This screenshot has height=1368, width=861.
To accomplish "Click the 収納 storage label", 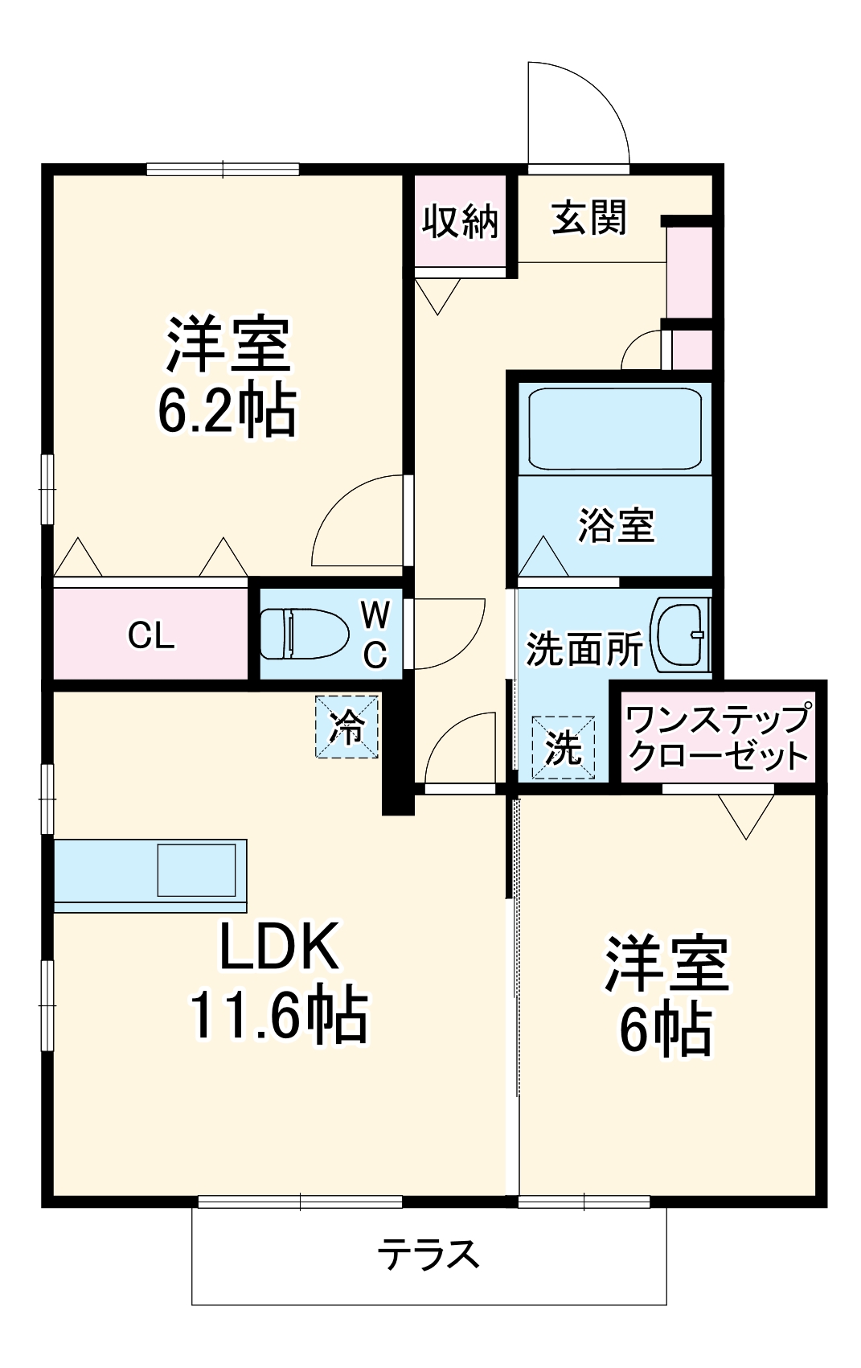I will [461, 220].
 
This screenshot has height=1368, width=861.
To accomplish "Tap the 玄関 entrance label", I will [589, 217].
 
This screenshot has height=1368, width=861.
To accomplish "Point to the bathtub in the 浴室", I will [614, 428].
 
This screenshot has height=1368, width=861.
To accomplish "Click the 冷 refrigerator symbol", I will [346, 726].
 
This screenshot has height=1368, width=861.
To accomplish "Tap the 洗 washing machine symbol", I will [564, 747].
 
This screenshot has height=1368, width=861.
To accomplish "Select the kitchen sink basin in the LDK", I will [196, 869].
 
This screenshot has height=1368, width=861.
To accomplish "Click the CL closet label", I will [151, 636].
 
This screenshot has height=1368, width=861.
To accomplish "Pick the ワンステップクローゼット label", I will [718, 737].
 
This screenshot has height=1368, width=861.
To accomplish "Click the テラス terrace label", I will [429, 1254].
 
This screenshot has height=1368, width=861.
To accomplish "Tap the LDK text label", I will [279, 947].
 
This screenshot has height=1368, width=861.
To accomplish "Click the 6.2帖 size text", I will [228, 410].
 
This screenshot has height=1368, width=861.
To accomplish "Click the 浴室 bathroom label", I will [616, 525].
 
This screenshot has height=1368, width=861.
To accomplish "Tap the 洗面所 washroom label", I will [584, 648].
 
